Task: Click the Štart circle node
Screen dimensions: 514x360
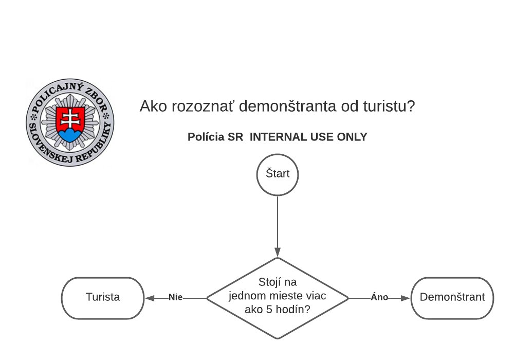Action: (x=278, y=174)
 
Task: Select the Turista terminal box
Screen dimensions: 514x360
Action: (x=103, y=297)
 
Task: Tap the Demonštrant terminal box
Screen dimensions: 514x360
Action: (x=452, y=297)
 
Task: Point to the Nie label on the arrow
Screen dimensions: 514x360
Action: (x=176, y=297)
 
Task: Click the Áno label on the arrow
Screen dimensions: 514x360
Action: (x=379, y=297)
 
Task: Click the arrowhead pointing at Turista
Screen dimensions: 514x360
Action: (x=150, y=297)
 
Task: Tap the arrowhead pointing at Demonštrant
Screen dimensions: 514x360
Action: (x=406, y=297)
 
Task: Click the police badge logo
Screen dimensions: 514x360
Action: (x=70, y=123)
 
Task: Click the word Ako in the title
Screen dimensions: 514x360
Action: (x=151, y=107)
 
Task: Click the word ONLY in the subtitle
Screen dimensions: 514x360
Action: (x=353, y=137)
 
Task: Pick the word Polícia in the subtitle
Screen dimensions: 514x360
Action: (x=206, y=137)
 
